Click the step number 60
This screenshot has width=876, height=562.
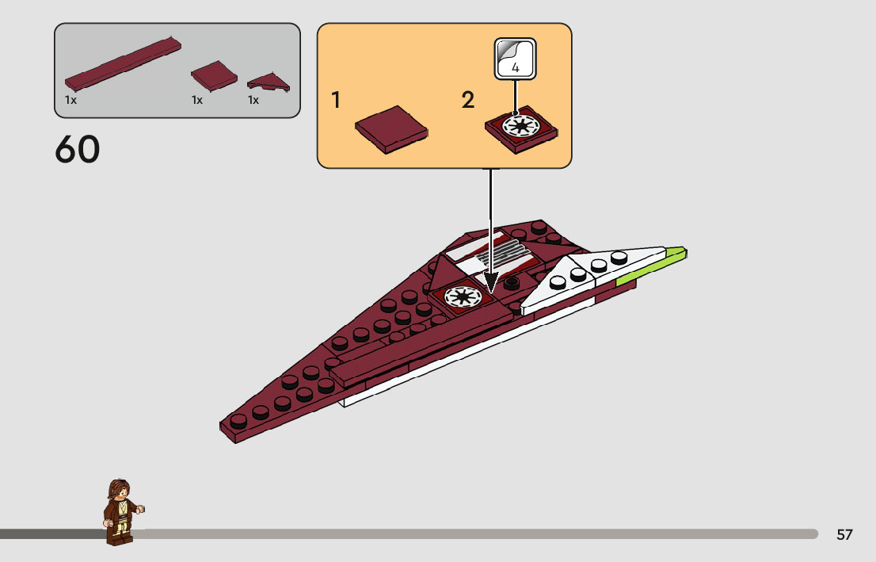pos(78,150)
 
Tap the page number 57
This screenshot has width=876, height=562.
pos(844,535)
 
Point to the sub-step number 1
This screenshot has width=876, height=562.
pos(336,101)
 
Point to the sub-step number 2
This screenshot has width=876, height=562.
pos(468,101)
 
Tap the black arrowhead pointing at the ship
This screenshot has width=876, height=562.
pos(491,283)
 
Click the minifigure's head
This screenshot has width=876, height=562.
pos(120,491)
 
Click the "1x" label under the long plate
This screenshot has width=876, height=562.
pos(70,101)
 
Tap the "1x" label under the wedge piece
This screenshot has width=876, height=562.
pos(253,101)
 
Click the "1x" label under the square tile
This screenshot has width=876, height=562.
pos(196,101)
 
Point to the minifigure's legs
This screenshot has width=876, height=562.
pos(118,532)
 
